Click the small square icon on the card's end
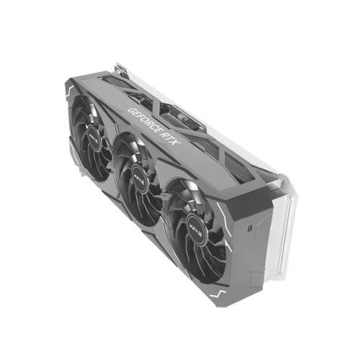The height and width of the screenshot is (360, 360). (x=248, y=230)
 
